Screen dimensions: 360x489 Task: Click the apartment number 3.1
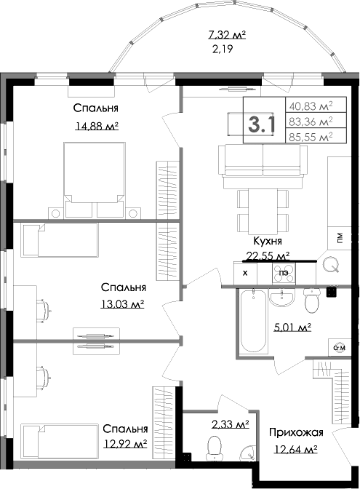point(262,124)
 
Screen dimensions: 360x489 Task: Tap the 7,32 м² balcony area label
point(227,34)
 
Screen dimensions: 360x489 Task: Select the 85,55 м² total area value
point(311,137)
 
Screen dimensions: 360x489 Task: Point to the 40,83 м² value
point(311,106)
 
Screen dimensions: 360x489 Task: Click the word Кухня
point(268,241)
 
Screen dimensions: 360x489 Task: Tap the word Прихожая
point(296,432)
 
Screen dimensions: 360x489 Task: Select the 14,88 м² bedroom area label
point(97,126)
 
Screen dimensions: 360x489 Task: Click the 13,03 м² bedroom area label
point(122,303)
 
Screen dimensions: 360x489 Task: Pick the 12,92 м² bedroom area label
point(125,443)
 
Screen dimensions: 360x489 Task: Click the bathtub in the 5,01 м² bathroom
point(253,321)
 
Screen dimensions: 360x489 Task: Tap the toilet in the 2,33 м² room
point(215,448)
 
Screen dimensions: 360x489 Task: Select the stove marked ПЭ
point(284,273)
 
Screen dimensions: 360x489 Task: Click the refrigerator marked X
point(245,273)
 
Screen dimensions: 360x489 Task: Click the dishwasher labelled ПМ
point(339,238)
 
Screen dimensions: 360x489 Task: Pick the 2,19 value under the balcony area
point(223,49)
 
